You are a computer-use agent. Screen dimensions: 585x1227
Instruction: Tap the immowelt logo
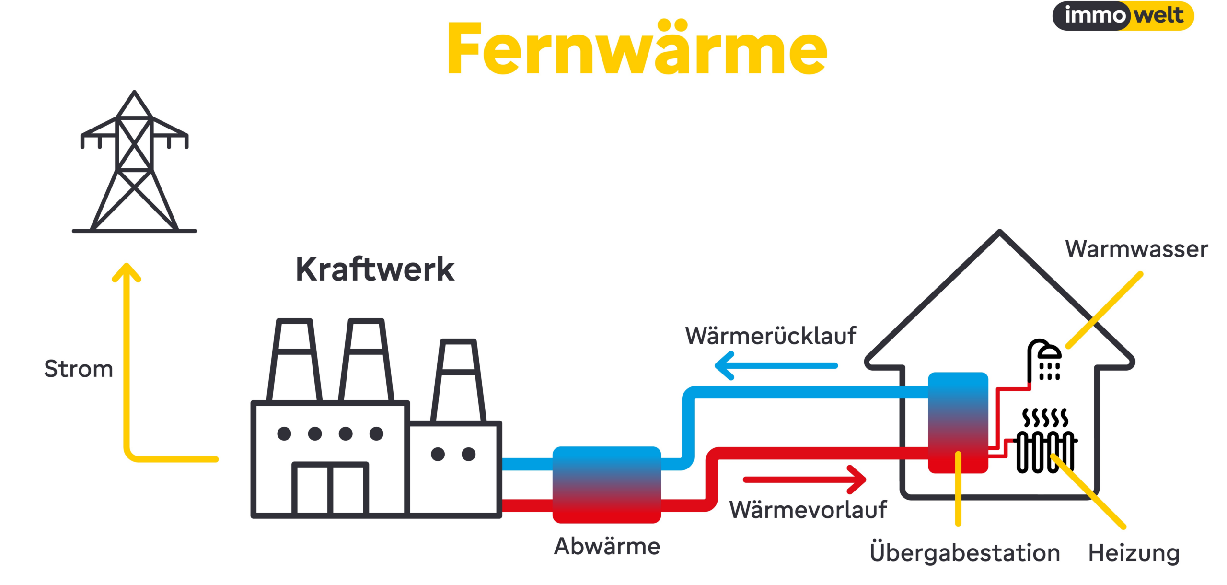point(1123,16)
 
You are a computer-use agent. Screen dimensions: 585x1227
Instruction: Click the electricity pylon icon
point(134,163)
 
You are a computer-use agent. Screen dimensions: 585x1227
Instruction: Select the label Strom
point(79,369)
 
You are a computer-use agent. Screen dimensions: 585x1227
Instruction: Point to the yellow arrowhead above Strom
point(127,272)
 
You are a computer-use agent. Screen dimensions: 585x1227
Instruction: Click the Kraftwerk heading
point(375,269)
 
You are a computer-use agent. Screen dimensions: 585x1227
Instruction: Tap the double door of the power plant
point(330,488)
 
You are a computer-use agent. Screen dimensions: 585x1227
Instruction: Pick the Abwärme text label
point(607,546)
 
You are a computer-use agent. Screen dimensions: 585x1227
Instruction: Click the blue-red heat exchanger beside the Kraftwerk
point(607,484)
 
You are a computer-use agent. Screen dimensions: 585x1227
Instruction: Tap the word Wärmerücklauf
point(770,336)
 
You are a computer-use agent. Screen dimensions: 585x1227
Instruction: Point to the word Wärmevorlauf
point(808,510)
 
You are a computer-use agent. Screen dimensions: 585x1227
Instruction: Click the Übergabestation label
point(964,553)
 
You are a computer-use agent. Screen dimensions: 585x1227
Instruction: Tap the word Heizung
point(1134,553)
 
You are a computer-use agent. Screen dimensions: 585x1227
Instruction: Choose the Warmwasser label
point(1136,249)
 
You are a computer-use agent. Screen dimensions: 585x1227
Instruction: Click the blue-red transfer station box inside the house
point(958,422)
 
